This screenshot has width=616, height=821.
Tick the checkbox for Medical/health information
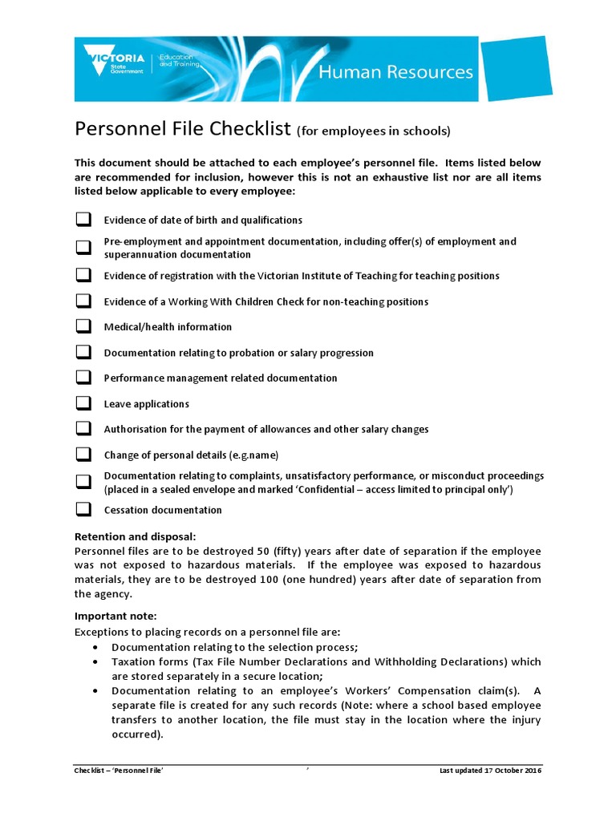point(83,326)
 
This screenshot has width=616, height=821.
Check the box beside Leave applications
point(83,403)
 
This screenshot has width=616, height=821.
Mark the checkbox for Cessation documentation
point(83,509)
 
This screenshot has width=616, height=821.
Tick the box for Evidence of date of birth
point(83,219)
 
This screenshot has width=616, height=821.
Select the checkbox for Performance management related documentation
point(83,377)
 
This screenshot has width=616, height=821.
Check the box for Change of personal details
point(83,455)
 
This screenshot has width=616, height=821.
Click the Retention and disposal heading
point(135,536)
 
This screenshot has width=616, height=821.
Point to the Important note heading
point(115,617)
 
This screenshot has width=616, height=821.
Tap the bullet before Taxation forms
point(96,662)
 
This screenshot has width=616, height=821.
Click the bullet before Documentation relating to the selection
point(96,647)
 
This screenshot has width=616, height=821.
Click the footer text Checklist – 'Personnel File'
point(120,770)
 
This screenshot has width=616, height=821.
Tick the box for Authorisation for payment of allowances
point(83,429)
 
